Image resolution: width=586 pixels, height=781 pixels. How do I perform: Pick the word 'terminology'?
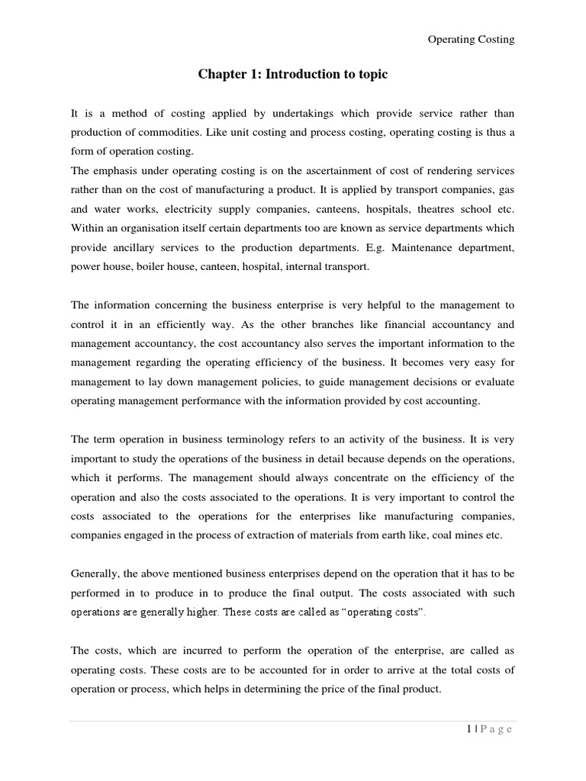coord(247,440)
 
